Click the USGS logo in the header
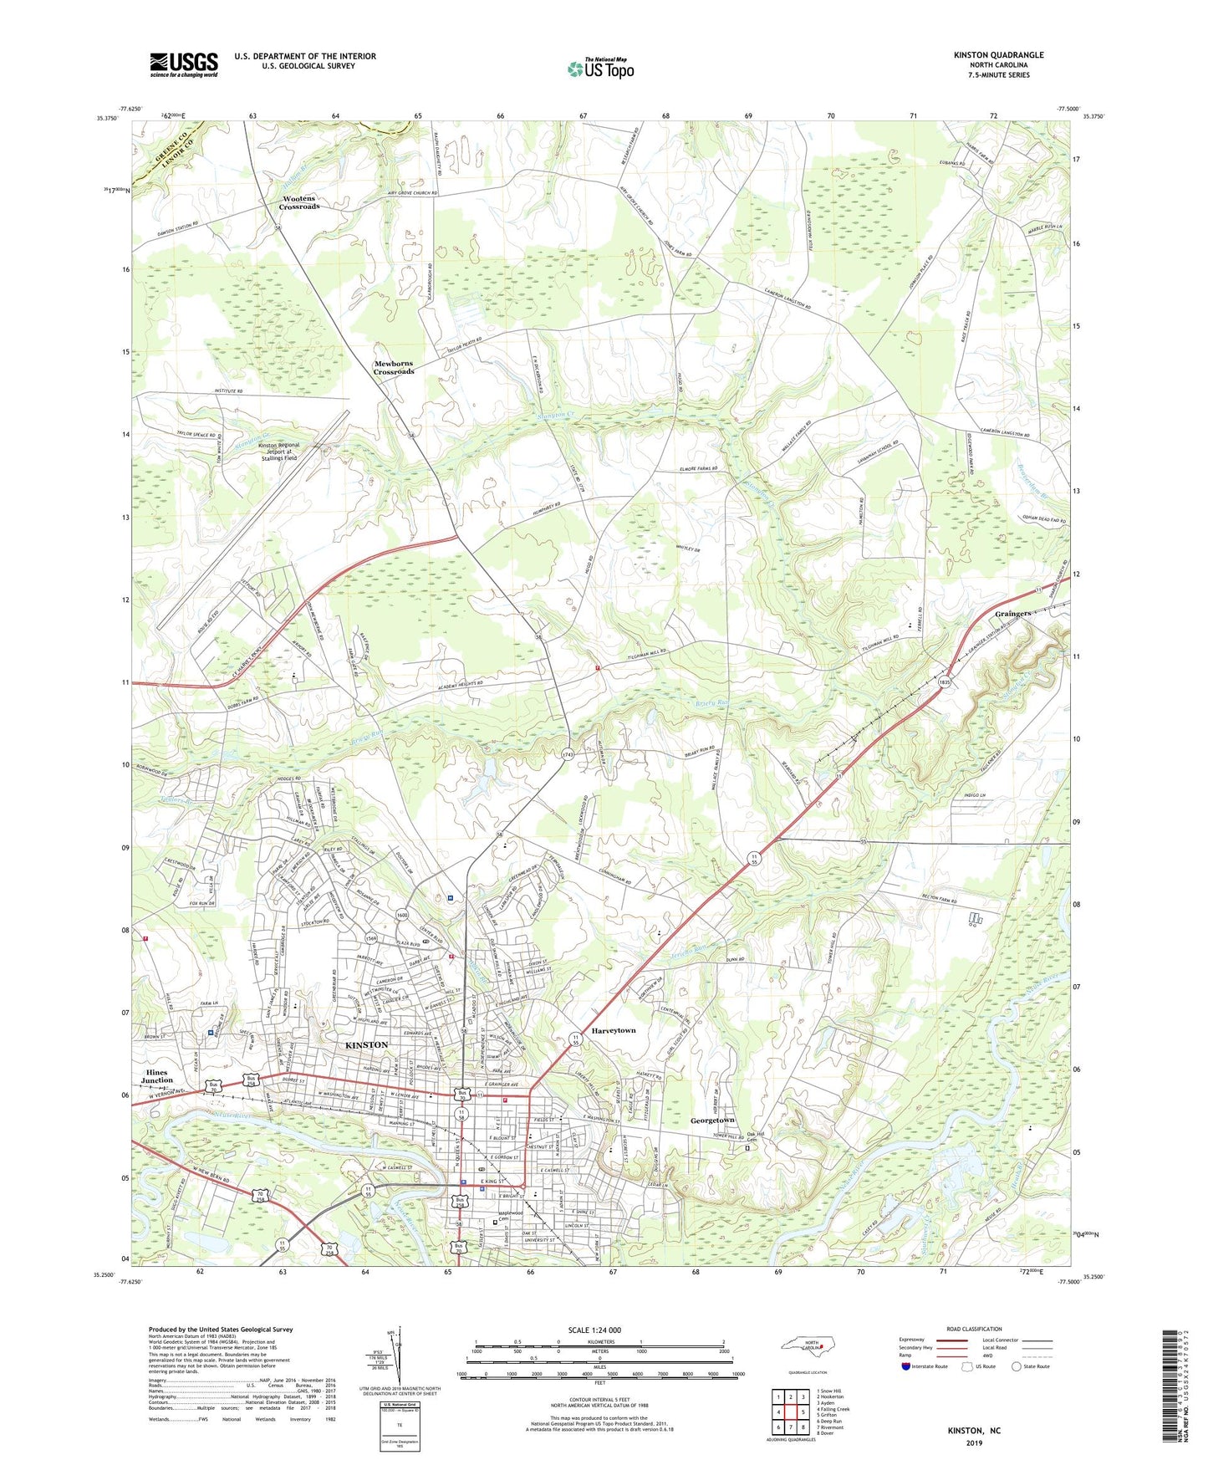184,64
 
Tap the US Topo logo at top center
599,69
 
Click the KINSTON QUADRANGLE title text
998,55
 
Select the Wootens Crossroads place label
299,202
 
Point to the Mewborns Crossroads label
394,368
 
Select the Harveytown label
614,1030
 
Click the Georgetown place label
712,1120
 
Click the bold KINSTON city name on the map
366,1045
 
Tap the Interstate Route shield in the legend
907,1366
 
